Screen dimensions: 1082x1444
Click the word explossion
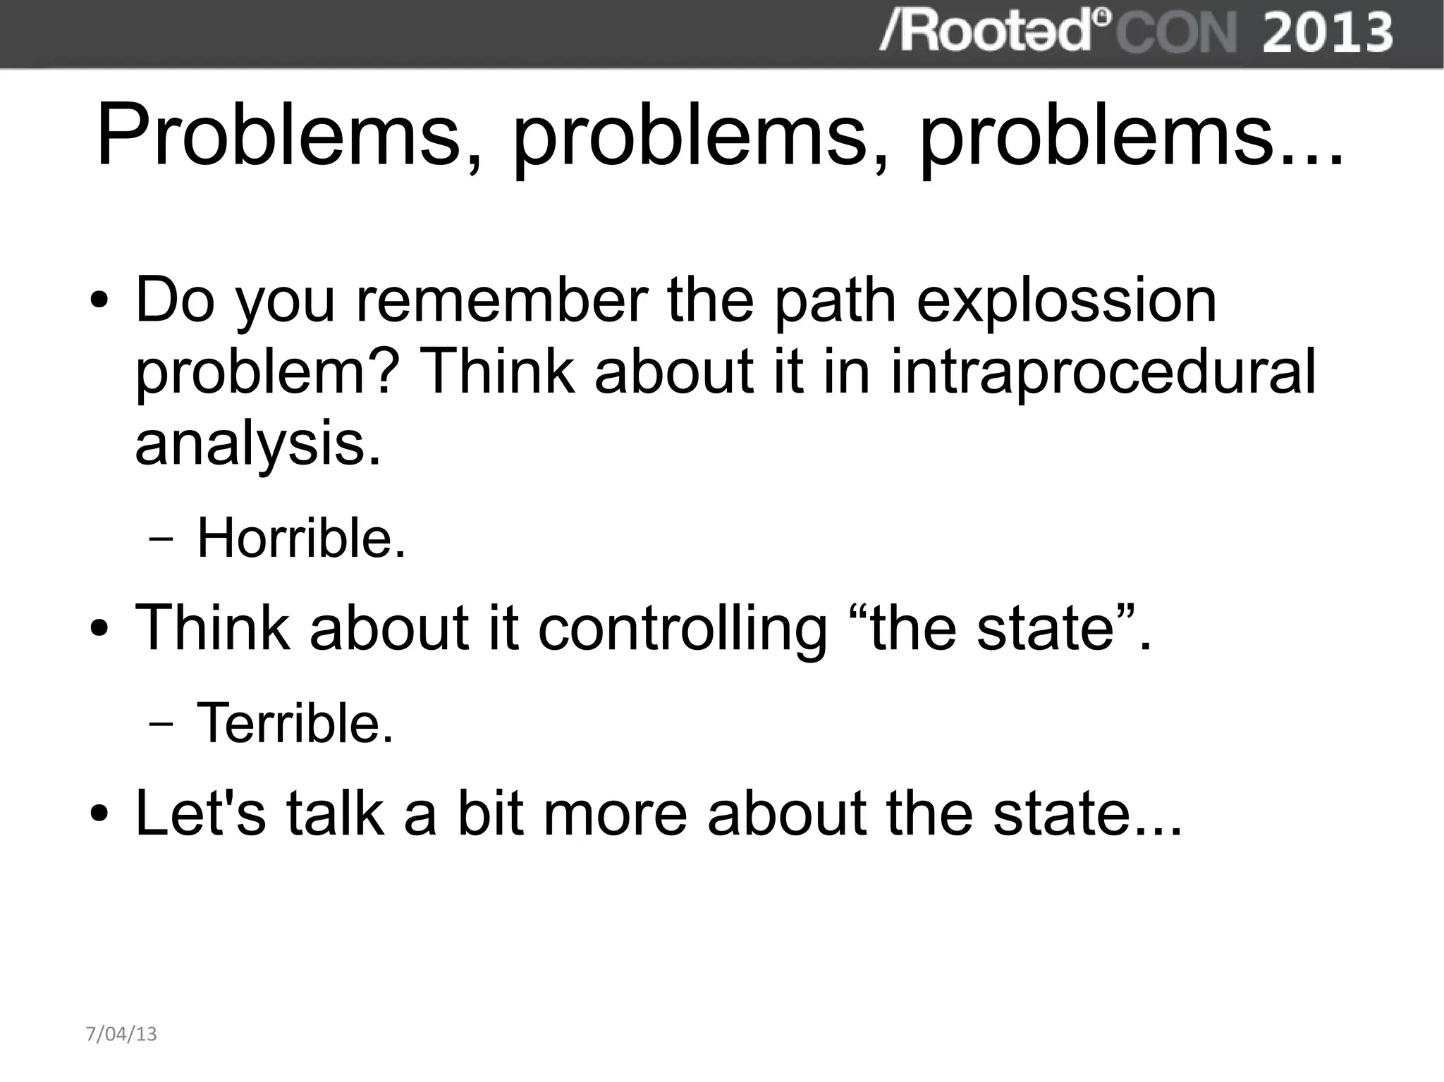pyautogui.click(x=1066, y=301)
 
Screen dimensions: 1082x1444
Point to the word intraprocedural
pyautogui.click(x=1103, y=371)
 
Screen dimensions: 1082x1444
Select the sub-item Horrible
pyautogui.click(x=301, y=539)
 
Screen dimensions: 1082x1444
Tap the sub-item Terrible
pyautogui.click(x=294, y=723)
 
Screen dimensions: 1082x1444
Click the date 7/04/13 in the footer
pyautogui.click(x=121, y=1034)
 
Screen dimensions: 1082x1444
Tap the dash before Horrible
pyautogui.click(x=161, y=541)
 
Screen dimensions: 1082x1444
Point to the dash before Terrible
pyautogui.click(x=161, y=725)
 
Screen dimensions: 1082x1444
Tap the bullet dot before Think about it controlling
pyautogui.click(x=99, y=629)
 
